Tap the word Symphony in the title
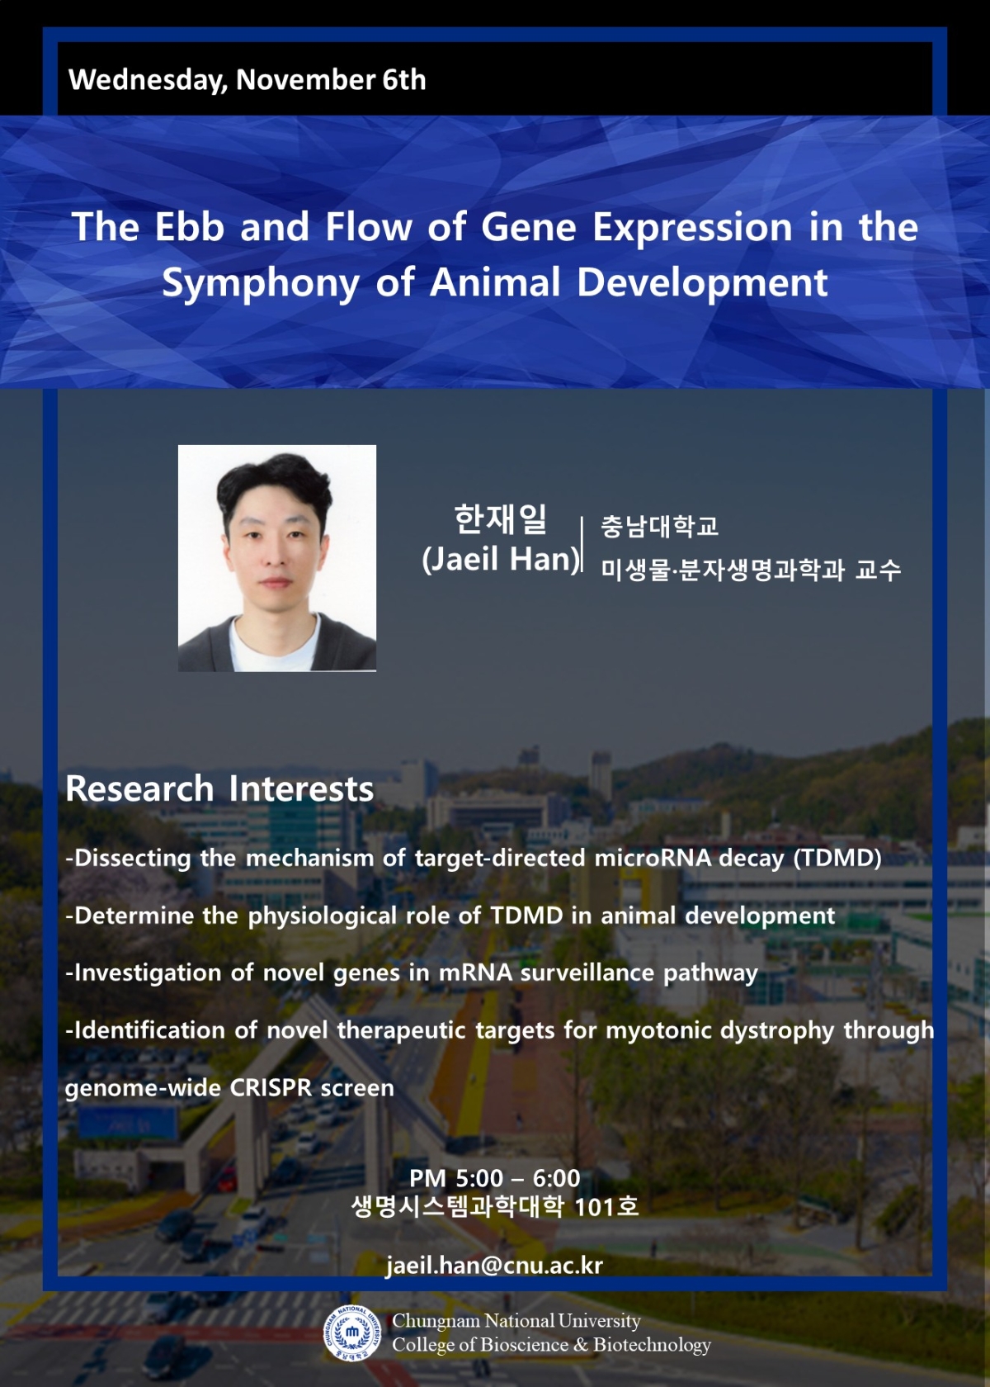(261, 284)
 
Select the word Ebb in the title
(190, 226)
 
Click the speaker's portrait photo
(277, 558)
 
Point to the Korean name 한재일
(501, 518)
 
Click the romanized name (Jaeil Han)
(502, 559)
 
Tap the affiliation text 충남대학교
(660, 526)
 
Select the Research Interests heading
(219, 789)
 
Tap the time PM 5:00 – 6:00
(495, 1178)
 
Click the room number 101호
(606, 1207)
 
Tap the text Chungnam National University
(516, 1320)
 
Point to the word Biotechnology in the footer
(652, 1344)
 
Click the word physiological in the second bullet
(323, 916)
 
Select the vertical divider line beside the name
(582, 546)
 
